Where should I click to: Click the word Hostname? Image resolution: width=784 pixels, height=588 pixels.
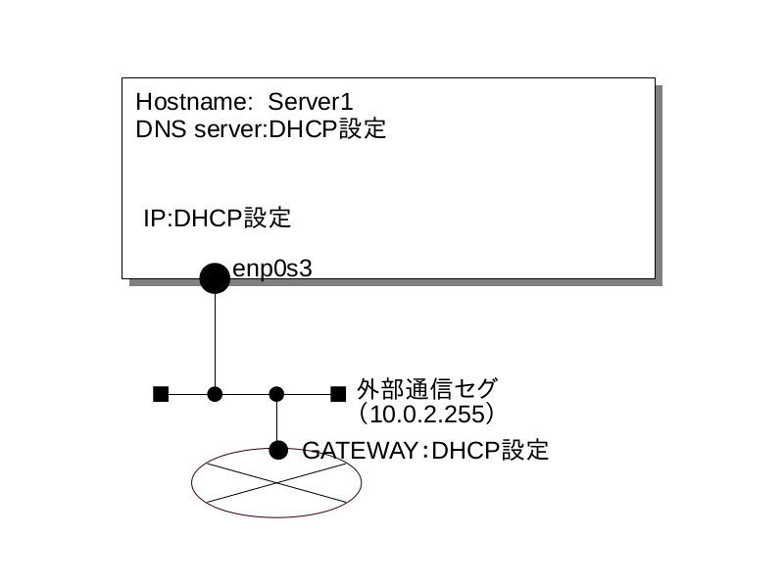click(x=194, y=102)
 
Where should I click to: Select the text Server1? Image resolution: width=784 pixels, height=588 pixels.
click(x=311, y=102)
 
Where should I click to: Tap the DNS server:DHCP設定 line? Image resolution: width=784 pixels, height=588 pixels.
click(x=261, y=129)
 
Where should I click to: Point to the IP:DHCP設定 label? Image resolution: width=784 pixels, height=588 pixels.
click(x=217, y=218)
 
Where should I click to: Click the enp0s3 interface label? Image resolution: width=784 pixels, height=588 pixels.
click(x=272, y=269)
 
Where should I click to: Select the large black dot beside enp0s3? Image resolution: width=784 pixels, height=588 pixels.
click(x=215, y=278)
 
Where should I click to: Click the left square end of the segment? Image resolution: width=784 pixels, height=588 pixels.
click(x=161, y=394)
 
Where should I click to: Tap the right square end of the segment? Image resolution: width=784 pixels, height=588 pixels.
click(x=338, y=394)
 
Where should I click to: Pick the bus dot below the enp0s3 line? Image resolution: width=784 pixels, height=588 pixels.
click(x=215, y=394)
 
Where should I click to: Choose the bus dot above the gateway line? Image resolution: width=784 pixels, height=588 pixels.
click(x=276, y=394)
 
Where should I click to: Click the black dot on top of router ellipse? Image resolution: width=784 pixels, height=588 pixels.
click(x=278, y=450)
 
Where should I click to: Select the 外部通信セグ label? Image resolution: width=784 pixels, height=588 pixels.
click(x=427, y=388)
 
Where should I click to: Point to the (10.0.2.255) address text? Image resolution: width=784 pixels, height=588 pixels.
click(x=426, y=415)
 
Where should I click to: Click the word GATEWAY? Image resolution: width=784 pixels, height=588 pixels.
click(x=360, y=451)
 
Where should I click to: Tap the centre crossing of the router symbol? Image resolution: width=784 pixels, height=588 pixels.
click(x=276, y=482)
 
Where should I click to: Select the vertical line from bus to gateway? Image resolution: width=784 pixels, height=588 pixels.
click(x=276, y=421)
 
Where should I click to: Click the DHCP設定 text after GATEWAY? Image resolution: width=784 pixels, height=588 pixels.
click(x=490, y=451)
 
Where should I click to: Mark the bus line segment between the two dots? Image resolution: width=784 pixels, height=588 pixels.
click(x=246, y=394)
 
